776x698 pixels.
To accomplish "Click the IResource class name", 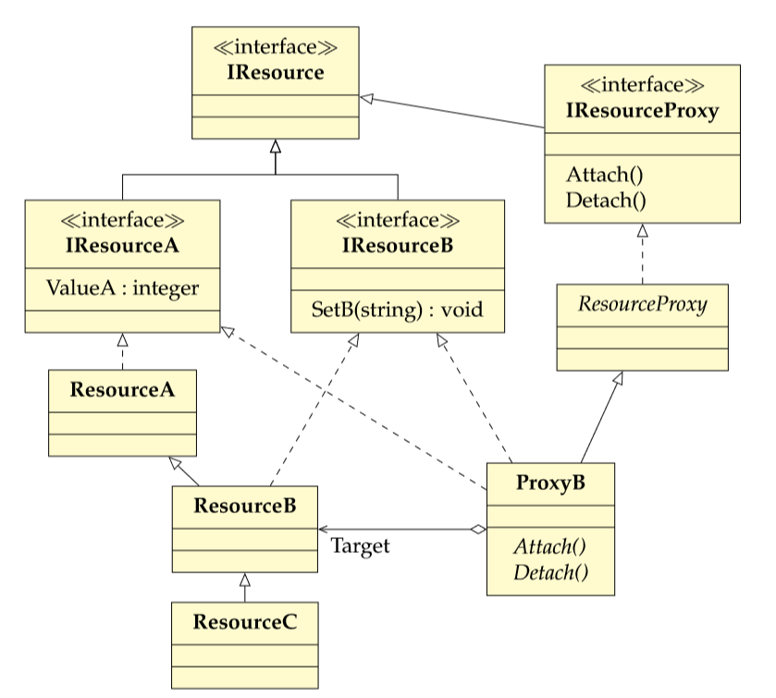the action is (276, 73).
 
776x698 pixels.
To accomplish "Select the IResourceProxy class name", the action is (643, 111).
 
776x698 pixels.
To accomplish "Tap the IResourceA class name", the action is (122, 245).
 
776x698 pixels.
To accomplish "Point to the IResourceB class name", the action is (398, 245).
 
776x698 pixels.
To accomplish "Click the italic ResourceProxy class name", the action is (643, 304).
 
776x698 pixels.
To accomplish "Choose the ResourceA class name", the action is (122, 390).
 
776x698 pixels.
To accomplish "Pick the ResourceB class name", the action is (245, 506).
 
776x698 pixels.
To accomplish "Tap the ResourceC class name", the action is (245, 622).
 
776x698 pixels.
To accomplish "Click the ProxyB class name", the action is (550, 483).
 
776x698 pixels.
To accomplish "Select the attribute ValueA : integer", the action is (122, 288).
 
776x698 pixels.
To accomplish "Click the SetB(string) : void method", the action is (398, 310).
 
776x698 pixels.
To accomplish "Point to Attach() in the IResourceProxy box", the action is (604, 175).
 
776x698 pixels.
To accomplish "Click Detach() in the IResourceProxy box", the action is (606, 201).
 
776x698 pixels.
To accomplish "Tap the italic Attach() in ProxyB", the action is (549, 547).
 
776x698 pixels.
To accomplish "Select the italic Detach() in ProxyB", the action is (551, 573).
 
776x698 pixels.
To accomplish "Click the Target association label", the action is (361, 546).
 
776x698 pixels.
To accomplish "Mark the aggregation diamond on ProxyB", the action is (478, 530).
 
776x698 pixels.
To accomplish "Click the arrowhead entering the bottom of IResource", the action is (276, 146).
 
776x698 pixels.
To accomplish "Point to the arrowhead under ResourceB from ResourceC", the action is (245, 580).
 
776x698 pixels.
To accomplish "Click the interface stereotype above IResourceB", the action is (398, 220).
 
